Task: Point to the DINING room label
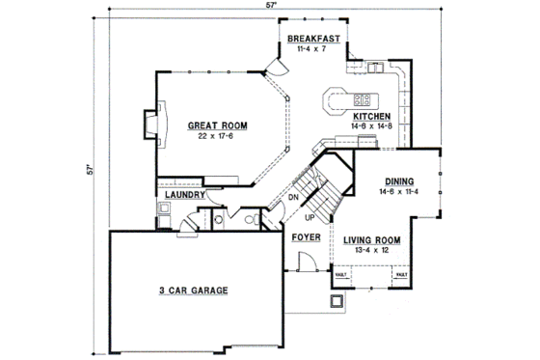pyautogui.click(x=400, y=180)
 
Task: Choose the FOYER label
pyautogui.click(x=307, y=236)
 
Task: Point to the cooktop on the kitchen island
pyautogui.click(x=364, y=98)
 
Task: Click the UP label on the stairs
pyautogui.click(x=310, y=216)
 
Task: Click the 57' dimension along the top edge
pyautogui.click(x=272, y=6)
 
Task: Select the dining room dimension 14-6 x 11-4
pyautogui.click(x=400, y=191)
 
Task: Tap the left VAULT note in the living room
pyautogui.click(x=341, y=275)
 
